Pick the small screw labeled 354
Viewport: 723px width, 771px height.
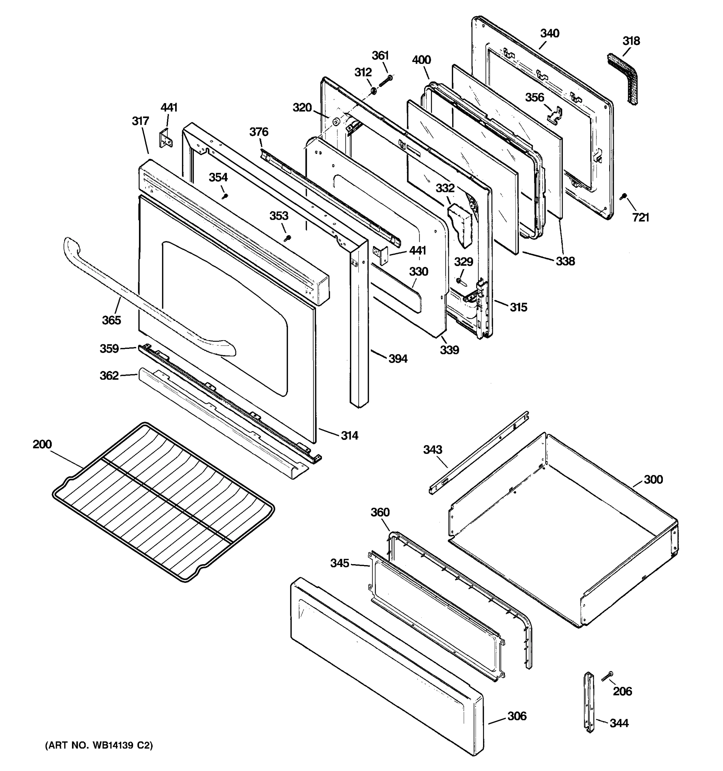[x=225, y=196]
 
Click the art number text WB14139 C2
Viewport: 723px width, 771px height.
[x=99, y=745]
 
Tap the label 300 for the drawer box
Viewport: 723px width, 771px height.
[x=653, y=480]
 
